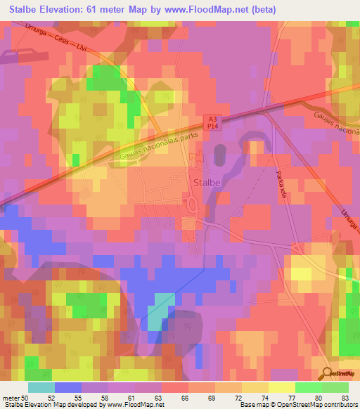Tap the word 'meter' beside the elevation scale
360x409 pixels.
coord(11,398)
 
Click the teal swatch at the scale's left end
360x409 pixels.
coord(41,387)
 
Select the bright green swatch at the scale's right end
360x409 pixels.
coord(335,387)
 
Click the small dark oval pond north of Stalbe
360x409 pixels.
coord(217,152)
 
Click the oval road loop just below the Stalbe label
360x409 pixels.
coord(192,205)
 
